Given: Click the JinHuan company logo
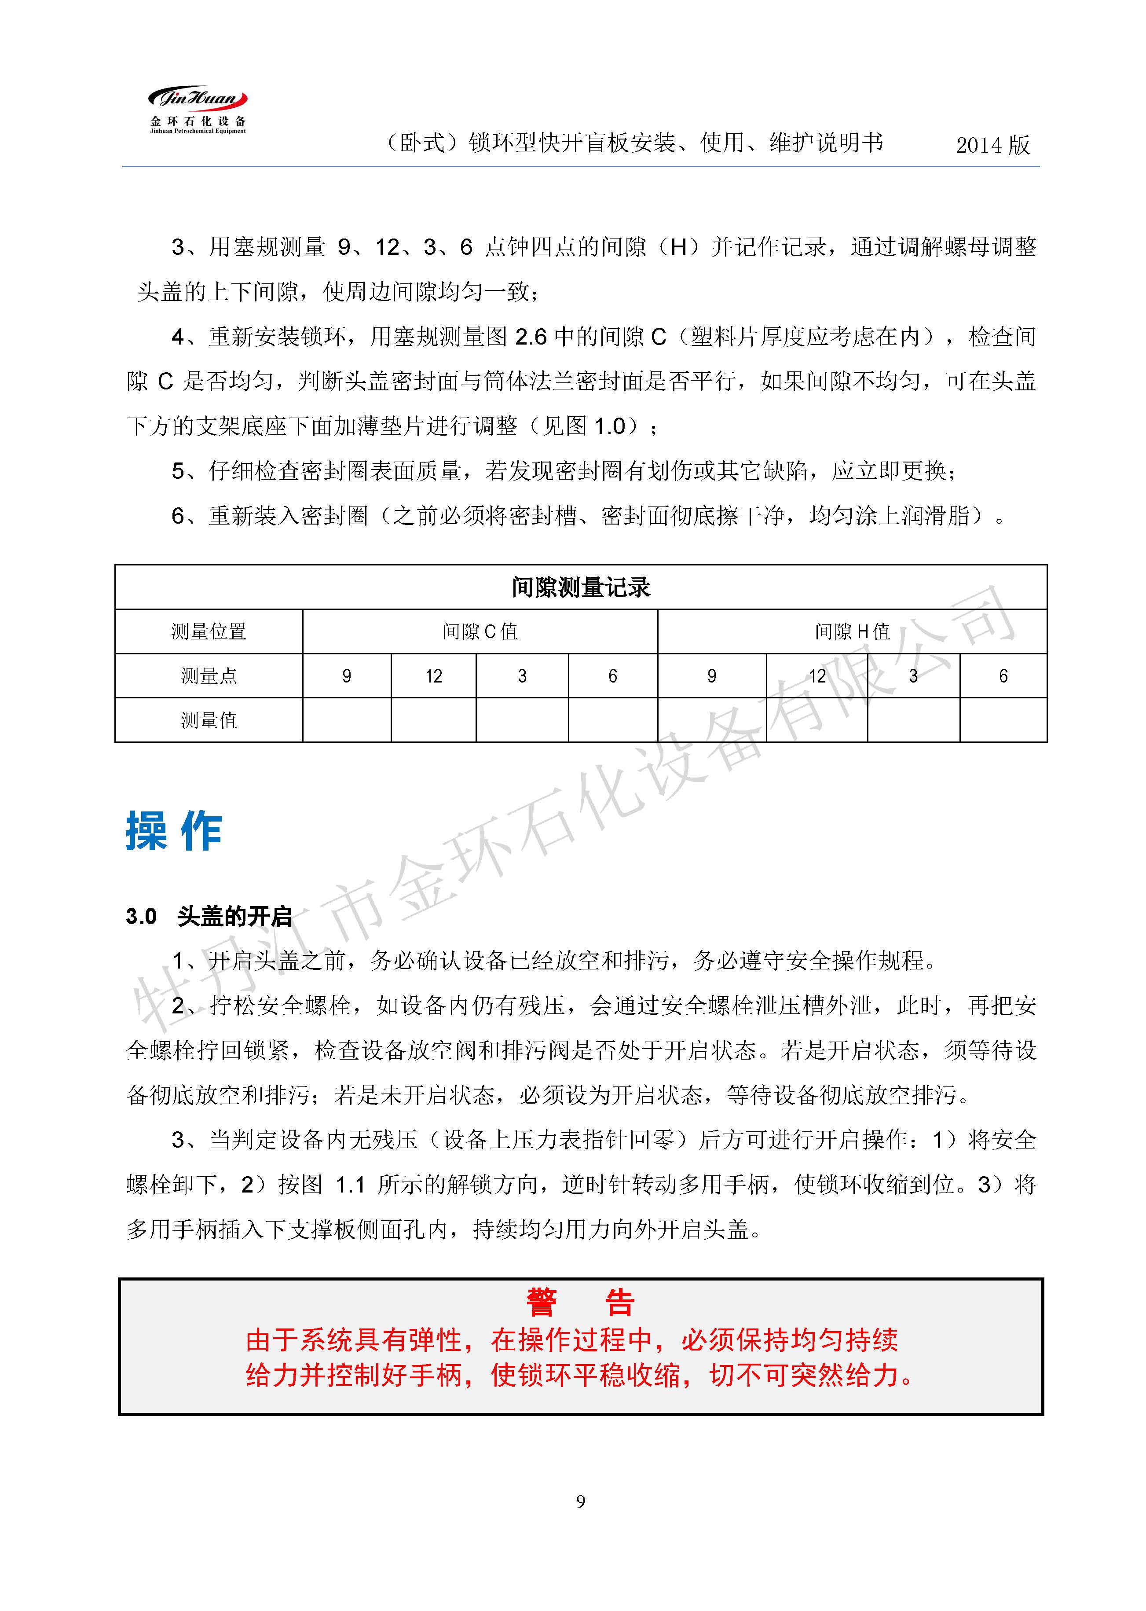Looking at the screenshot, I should [x=198, y=110].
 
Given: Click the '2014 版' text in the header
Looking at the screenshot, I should [x=992, y=145].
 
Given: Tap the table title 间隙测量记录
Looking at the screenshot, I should [x=580, y=587].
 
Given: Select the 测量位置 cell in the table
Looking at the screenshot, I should [x=209, y=631].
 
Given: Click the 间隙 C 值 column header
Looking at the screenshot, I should [x=480, y=631].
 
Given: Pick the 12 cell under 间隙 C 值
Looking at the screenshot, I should [x=433, y=676].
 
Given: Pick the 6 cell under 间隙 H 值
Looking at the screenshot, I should [x=1003, y=676].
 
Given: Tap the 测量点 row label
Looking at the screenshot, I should [x=209, y=676].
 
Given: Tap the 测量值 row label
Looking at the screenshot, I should [x=209, y=720].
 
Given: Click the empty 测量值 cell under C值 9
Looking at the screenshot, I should [x=347, y=720].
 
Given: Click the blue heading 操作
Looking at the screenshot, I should [x=174, y=831].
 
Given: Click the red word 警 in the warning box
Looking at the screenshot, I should [x=541, y=1303].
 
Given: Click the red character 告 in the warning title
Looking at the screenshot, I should [x=619, y=1303].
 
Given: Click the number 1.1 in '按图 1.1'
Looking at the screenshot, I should [x=350, y=1185].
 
